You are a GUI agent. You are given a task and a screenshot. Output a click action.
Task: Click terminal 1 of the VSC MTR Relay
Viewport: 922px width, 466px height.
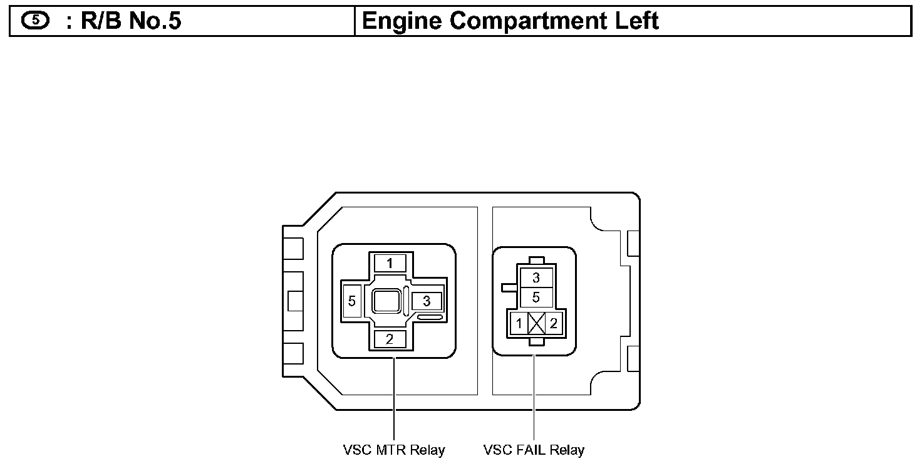(390, 264)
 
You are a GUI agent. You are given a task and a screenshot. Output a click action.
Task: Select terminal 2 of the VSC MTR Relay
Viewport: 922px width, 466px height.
(390, 340)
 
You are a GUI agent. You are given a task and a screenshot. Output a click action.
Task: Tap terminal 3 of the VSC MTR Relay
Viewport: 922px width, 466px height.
(427, 301)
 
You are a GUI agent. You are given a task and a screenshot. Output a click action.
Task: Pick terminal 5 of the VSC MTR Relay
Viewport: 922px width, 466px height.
(351, 302)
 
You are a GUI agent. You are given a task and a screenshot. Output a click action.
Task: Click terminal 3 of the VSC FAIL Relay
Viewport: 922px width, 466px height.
(536, 278)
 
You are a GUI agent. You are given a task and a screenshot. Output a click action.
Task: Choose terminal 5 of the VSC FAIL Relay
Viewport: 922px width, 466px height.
(536, 296)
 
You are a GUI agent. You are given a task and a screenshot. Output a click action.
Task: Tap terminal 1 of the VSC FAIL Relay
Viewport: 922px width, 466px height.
(519, 324)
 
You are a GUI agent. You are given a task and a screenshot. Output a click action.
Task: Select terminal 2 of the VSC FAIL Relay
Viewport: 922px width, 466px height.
(553, 324)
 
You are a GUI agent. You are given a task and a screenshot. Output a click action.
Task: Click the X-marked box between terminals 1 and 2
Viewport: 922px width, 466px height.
(537, 324)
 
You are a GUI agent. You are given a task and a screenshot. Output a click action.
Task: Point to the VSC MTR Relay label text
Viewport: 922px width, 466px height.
(394, 450)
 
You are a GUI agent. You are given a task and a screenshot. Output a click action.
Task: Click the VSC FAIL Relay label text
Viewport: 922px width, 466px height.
(534, 450)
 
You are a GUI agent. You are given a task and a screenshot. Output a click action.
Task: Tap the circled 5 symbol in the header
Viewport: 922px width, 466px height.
(34, 21)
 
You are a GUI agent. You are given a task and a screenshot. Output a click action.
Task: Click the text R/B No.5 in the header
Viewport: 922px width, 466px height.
(131, 21)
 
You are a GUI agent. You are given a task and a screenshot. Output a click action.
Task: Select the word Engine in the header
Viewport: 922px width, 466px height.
(401, 21)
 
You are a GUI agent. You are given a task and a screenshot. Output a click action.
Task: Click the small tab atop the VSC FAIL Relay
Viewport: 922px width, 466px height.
(536, 260)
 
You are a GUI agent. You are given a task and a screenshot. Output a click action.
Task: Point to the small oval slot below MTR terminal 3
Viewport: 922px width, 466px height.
(430, 318)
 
